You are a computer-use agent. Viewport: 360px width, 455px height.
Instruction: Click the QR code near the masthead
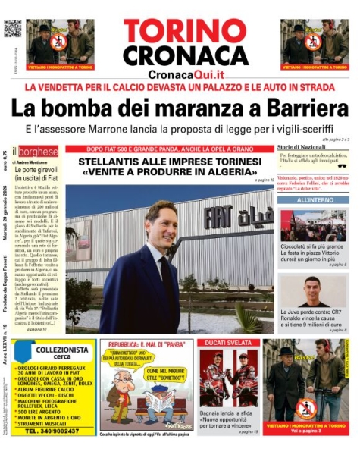[13, 28]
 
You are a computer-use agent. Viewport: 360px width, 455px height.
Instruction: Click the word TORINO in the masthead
[185, 32]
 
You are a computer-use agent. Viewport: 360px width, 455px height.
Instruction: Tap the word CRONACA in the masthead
[185, 55]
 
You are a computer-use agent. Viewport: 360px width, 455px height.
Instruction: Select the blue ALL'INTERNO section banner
[312, 199]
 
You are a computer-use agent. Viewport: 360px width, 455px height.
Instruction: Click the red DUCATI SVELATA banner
[227, 343]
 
